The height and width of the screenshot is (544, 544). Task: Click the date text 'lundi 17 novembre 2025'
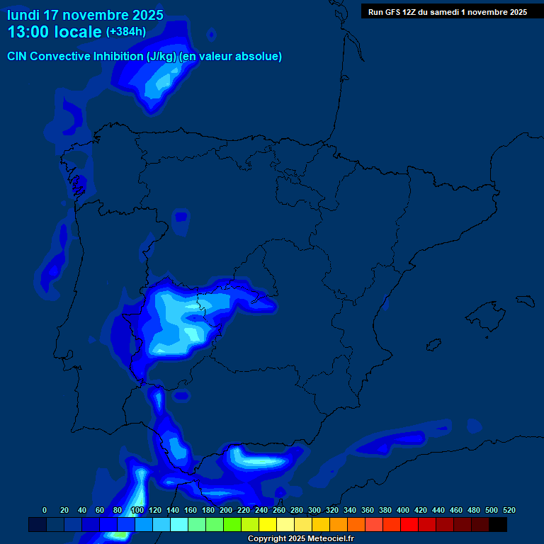(85, 15)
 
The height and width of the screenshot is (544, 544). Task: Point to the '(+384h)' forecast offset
(126, 32)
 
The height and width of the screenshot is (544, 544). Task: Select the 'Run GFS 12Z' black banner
(447, 11)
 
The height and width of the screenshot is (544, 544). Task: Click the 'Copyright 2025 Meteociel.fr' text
(300, 539)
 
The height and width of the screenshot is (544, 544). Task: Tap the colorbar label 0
(45, 510)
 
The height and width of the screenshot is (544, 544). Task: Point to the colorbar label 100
(137, 510)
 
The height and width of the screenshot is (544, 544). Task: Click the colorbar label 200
(226, 510)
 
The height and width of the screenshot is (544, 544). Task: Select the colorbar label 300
(314, 510)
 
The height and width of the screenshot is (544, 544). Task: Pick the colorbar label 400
(403, 510)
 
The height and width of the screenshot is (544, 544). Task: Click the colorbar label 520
(509, 510)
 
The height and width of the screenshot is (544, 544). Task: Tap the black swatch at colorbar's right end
(498, 524)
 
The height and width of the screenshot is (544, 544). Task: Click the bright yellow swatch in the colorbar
(268, 524)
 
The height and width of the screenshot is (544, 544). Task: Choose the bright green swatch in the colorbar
(232, 524)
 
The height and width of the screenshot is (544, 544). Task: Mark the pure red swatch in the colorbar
(409, 524)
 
